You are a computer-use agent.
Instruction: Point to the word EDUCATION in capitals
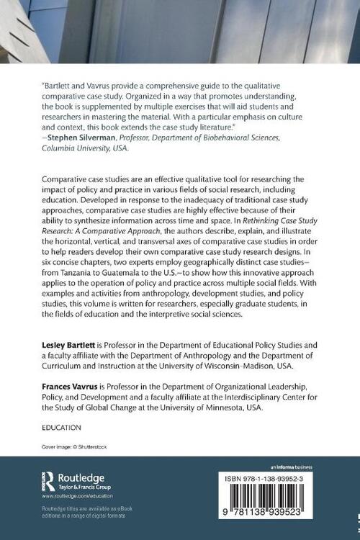(61, 427)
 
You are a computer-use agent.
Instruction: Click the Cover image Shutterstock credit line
(76, 446)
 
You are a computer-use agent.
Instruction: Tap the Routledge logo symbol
(50, 481)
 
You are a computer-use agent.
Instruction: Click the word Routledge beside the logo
(81, 477)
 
